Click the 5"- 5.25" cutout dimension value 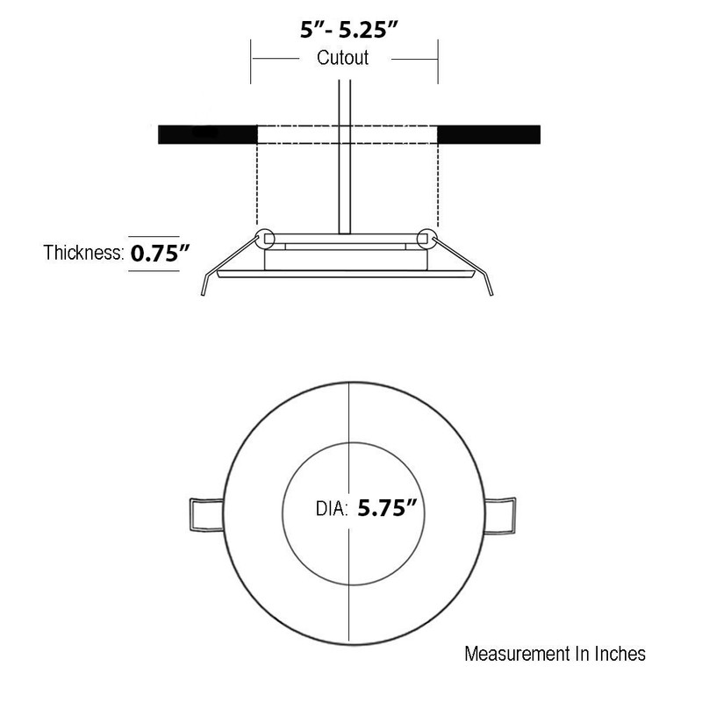click(x=348, y=30)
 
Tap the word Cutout click(x=342, y=58)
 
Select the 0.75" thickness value click(x=161, y=254)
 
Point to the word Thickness click(x=83, y=253)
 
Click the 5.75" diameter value click(x=387, y=508)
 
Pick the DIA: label click(x=332, y=509)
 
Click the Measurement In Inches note click(x=555, y=654)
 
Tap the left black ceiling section click(x=208, y=134)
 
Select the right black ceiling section click(x=489, y=134)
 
